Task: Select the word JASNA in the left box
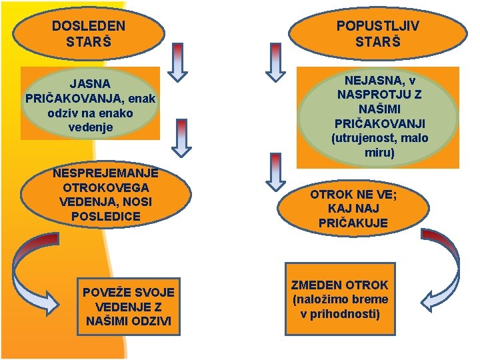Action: tap(91, 83)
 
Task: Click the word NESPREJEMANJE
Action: tap(105, 173)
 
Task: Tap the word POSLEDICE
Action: tap(105, 217)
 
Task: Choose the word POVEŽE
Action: tap(109, 292)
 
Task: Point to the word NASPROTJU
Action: tap(371, 95)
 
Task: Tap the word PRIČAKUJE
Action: tap(353, 223)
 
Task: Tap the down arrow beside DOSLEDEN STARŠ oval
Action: tap(177, 61)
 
